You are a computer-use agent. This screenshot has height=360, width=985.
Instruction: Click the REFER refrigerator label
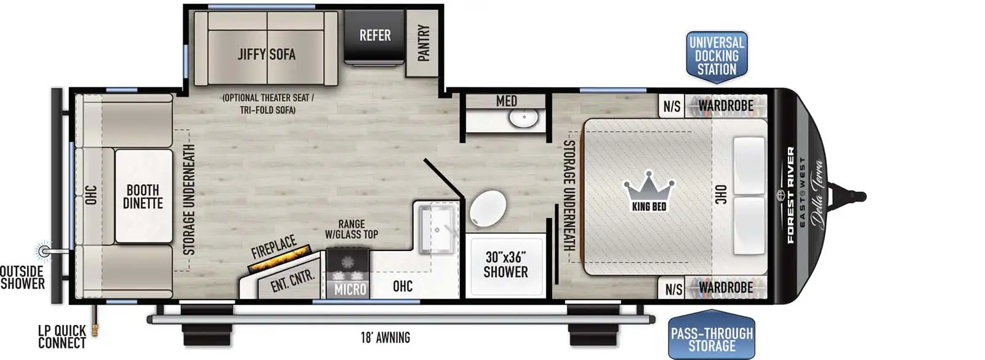pyautogui.click(x=375, y=36)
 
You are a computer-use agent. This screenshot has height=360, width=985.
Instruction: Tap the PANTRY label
pyautogui.click(x=424, y=43)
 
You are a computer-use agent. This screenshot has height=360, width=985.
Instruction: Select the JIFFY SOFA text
pyautogui.click(x=267, y=54)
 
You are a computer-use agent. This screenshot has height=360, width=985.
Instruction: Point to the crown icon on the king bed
pyautogui.click(x=649, y=185)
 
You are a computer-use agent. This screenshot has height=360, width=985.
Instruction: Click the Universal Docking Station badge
pyautogui.click(x=717, y=56)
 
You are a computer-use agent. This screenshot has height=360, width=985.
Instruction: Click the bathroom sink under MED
pyautogui.click(x=525, y=117)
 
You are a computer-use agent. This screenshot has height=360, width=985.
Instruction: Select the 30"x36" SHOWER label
pyautogui.click(x=505, y=265)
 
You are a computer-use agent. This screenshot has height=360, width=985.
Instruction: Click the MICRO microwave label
pyautogui.click(x=350, y=289)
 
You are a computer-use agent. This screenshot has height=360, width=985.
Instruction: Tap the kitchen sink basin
pyautogui.click(x=436, y=230)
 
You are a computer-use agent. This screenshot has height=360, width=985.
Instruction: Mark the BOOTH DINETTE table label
pyautogui.click(x=143, y=196)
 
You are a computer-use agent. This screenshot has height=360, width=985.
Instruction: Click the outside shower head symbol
pyautogui.click(x=43, y=250)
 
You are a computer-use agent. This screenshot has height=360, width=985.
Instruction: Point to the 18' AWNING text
pyautogui.click(x=385, y=338)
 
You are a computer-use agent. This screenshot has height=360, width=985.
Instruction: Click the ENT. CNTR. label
pyautogui.click(x=292, y=280)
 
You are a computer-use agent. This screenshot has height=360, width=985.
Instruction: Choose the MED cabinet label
pyautogui.click(x=506, y=101)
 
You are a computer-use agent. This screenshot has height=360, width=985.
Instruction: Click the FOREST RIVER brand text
pyautogui.click(x=791, y=194)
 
